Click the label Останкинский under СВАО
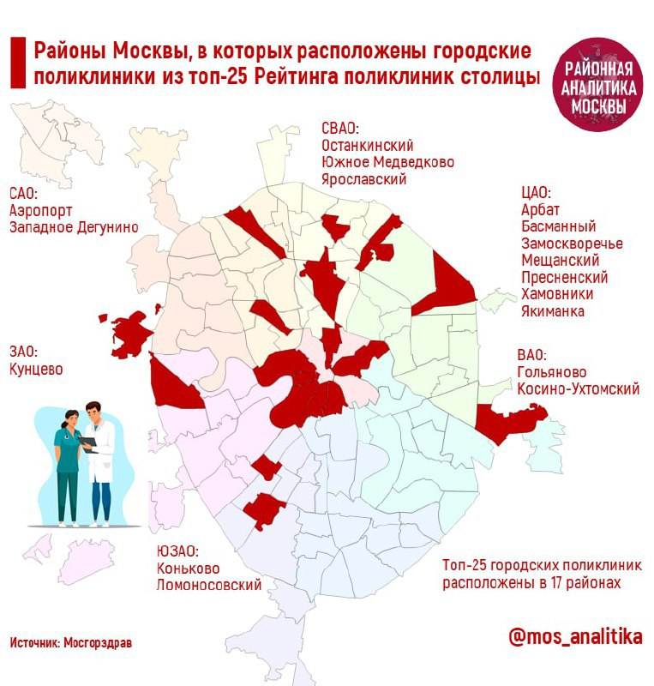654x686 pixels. pyautogui.click(x=368, y=145)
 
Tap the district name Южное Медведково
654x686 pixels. pyautogui.click(x=387, y=162)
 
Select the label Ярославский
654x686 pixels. pyautogui.click(x=363, y=179)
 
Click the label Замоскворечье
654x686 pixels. pyautogui.click(x=572, y=244)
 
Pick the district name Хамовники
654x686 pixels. pyautogui.click(x=557, y=294)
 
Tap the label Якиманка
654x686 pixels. pyautogui.click(x=553, y=311)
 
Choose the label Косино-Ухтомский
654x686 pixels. pyautogui.click(x=579, y=389)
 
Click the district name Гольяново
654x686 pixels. pyautogui.click(x=551, y=372)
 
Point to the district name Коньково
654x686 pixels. pyautogui.click(x=188, y=569)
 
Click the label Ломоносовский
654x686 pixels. pyautogui.click(x=208, y=586)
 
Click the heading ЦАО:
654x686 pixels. pyautogui.click(x=536, y=193)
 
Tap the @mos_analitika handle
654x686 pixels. pyautogui.click(x=574, y=637)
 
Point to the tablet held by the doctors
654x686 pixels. pyautogui.click(x=89, y=444)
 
